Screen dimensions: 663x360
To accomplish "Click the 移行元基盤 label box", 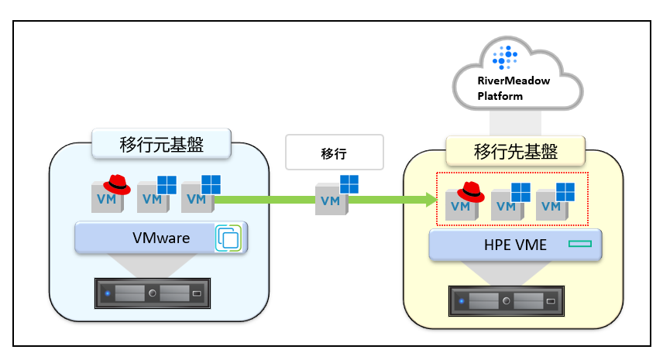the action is click(161, 144).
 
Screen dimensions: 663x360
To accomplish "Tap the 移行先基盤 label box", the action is click(515, 151).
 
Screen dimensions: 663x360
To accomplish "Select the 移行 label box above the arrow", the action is click(335, 152).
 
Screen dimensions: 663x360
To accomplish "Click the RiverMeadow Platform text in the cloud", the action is click(514, 88).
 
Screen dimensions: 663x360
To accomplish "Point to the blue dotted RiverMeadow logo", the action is click(505, 57).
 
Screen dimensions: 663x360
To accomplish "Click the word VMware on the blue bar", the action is click(161, 238).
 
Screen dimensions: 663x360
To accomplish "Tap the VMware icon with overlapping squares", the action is click(228, 238).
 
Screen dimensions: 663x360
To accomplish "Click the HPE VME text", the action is click(515, 245).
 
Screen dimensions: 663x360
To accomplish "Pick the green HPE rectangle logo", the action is click(579, 244).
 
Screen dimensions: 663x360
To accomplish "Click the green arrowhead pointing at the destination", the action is click(431, 200).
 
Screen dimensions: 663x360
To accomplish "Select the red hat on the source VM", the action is click(117, 185).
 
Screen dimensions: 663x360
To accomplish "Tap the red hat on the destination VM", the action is click(471, 192).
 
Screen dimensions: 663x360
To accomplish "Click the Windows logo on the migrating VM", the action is click(349, 184).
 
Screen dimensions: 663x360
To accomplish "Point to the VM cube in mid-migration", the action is click(331, 199).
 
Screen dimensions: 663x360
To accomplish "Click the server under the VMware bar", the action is click(153, 293).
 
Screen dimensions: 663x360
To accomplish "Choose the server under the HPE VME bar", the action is click(506, 301).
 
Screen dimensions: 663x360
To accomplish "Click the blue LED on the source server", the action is click(108, 293).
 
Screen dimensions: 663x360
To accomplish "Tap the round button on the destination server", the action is click(506, 301).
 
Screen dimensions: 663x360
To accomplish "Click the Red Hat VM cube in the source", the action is click(108, 197).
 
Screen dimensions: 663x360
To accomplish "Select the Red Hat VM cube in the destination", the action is click(462, 204).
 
